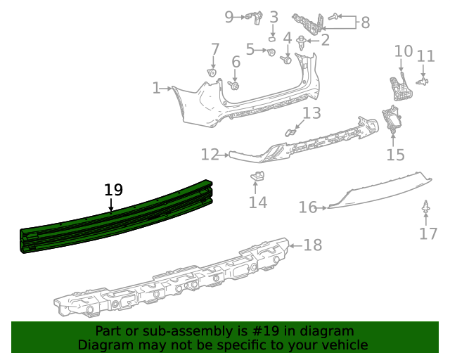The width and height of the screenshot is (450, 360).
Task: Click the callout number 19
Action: [113, 190]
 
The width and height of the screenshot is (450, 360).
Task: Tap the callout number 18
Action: [312, 245]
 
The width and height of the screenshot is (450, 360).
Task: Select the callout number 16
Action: [307, 207]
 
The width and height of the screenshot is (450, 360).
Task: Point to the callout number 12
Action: [210, 154]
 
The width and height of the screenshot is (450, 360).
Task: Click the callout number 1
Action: [156, 88]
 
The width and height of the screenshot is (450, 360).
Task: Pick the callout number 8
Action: [365, 22]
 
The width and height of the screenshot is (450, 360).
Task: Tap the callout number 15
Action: [395, 155]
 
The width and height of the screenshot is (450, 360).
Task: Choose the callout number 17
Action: [428, 233]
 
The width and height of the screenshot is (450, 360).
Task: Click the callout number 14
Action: [257, 202]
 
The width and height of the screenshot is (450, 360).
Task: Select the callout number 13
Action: [311, 113]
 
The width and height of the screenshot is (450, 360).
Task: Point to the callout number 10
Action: [403, 51]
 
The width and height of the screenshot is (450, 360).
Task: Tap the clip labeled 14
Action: [258, 175]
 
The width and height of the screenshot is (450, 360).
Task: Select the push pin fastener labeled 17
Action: [426, 209]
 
